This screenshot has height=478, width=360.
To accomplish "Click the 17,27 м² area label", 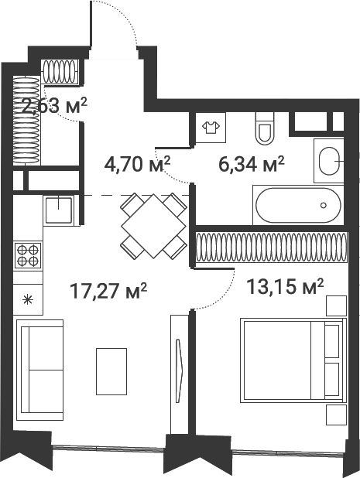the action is (108, 291).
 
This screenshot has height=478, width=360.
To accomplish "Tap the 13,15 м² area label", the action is (285, 287).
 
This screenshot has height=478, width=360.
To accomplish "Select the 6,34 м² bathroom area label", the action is (252, 165).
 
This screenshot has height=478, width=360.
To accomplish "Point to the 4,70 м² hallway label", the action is (137, 165).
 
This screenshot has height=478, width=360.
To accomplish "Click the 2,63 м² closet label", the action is (55, 105).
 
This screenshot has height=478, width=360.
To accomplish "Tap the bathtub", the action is (298, 205).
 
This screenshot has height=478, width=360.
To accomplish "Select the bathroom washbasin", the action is (329, 161).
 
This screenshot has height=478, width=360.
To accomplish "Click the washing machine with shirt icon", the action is (211, 128).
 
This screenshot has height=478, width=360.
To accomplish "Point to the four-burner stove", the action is (28, 255).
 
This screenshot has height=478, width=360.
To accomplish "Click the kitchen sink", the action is (59, 210).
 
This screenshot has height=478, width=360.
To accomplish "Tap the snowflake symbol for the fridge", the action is (28, 299).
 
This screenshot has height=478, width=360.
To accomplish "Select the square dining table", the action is (153, 226).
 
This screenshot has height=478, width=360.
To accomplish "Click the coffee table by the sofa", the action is (111, 371).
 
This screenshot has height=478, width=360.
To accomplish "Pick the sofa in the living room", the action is (39, 370).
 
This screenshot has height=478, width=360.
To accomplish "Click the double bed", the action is (293, 360).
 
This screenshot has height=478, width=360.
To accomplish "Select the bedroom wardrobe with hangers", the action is (271, 248).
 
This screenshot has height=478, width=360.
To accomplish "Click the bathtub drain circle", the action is (324, 205).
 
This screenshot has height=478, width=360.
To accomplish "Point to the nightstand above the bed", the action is (336, 306).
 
